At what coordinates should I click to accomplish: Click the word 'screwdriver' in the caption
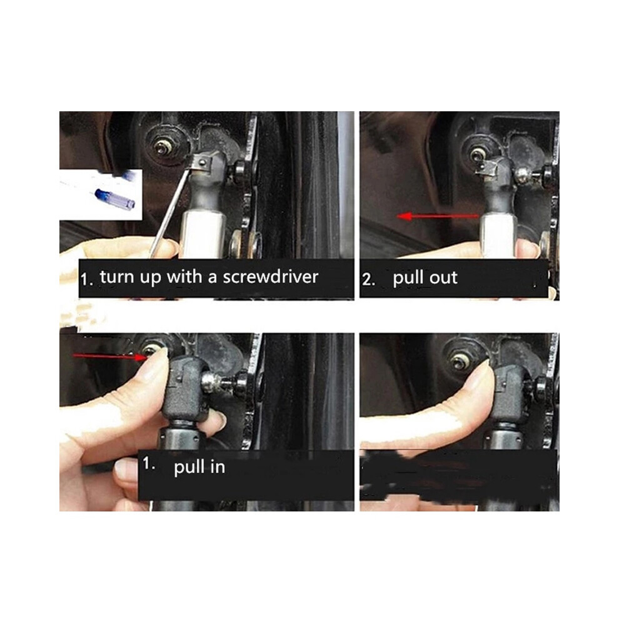click(x=270, y=277)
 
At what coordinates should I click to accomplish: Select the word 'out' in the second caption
click(x=443, y=278)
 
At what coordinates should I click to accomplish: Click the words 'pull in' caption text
click(x=199, y=468)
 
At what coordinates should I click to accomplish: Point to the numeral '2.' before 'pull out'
click(x=368, y=279)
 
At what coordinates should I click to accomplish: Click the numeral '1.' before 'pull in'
click(x=148, y=463)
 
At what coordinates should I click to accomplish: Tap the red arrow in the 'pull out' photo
click(x=438, y=216)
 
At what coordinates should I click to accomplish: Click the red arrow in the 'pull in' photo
click(x=110, y=356)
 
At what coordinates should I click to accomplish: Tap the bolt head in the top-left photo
click(x=162, y=148)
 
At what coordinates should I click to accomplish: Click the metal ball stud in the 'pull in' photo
click(x=210, y=383)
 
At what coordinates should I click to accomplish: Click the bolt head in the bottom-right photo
click(x=460, y=361)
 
